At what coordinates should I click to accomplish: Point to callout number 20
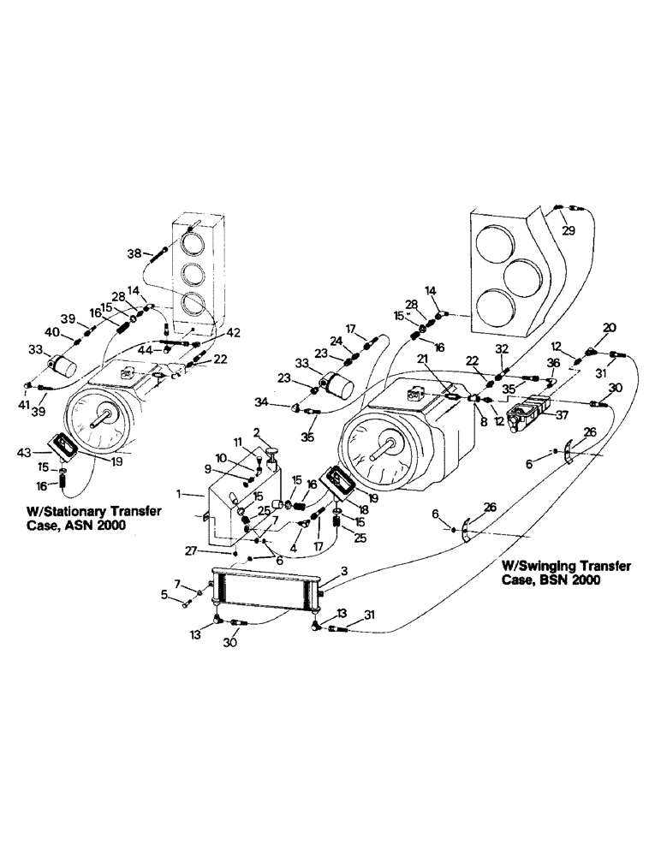coord(609,327)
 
